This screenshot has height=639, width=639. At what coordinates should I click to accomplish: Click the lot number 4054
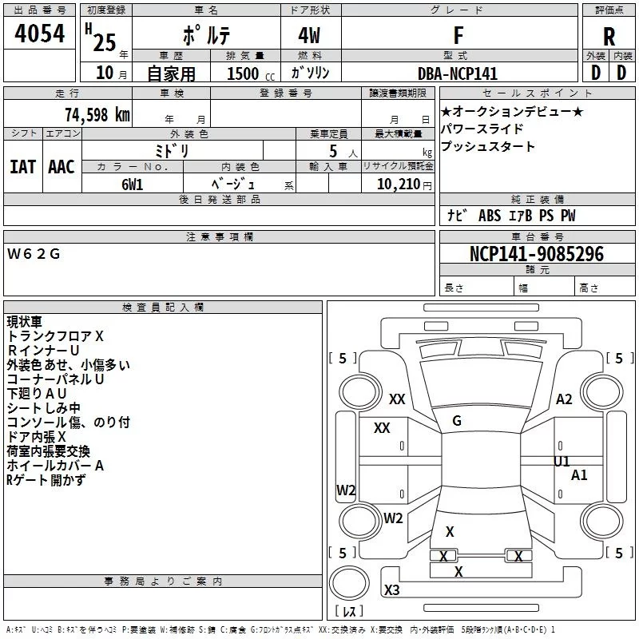(41, 34)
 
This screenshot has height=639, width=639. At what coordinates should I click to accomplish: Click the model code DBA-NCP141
(458, 73)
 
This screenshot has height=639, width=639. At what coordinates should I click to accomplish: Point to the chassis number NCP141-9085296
(537, 254)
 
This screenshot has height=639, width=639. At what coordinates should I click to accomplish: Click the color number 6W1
(133, 183)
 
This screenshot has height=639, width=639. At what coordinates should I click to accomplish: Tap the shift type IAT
(22, 167)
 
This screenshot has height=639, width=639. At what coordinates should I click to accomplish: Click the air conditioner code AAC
(61, 167)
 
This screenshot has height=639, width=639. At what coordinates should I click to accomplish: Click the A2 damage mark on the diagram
(565, 399)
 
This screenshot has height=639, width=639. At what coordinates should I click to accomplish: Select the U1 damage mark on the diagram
(562, 462)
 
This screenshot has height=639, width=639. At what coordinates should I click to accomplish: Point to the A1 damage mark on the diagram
(580, 475)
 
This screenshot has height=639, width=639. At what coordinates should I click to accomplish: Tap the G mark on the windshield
(457, 421)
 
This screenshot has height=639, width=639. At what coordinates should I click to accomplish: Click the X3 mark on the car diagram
(391, 590)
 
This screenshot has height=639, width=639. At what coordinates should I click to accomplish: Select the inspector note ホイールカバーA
(55, 465)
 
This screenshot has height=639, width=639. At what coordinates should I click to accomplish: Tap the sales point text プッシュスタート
(488, 147)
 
